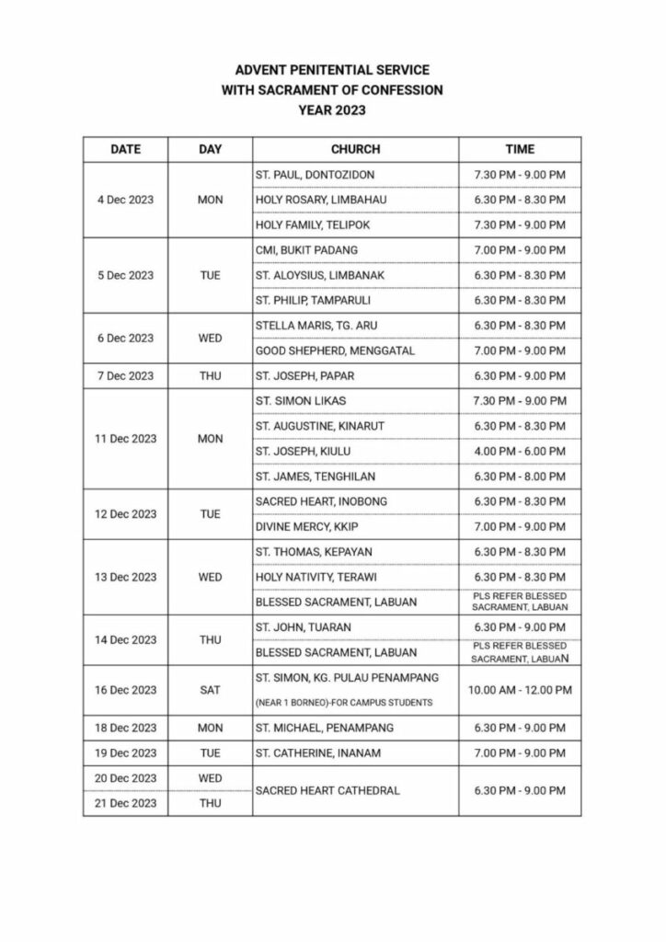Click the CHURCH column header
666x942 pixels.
tap(354, 149)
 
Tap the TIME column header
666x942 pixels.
tap(520, 149)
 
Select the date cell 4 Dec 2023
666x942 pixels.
tap(125, 200)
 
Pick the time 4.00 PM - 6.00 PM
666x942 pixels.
tap(520, 451)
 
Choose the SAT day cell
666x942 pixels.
tap(210, 690)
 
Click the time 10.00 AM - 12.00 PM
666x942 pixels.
tap(520, 690)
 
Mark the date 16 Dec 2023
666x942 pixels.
tap(125, 690)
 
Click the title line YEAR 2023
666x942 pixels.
tap(332, 110)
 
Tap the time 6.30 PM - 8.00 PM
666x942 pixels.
tap(520, 477)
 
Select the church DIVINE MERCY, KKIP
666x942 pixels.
tap(304, 526)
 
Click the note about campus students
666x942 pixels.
tap(341, 703)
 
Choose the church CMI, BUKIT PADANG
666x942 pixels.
tap(300, 249)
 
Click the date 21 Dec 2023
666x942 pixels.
tap(125, 803)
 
